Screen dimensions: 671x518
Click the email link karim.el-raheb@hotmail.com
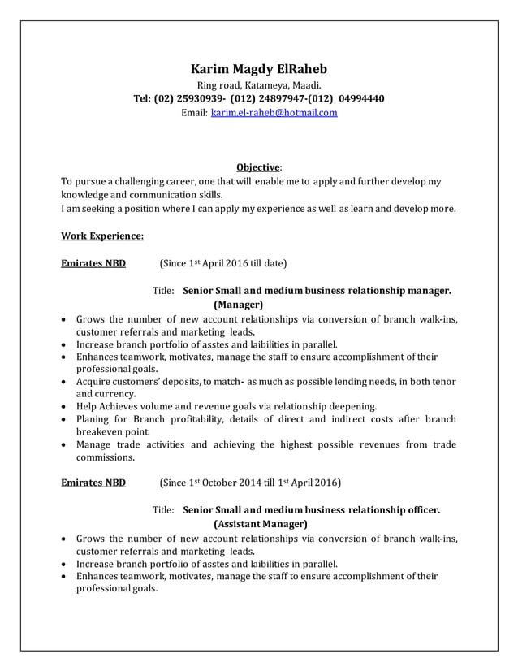(274, 113)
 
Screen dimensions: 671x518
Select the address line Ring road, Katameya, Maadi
(259, 84)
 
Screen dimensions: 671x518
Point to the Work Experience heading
(102, 236)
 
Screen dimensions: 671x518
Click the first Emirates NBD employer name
(93, 263)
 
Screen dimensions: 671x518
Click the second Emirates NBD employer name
(93, 483)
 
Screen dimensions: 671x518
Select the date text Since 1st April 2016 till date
(224, 263)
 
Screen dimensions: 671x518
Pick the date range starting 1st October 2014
(250, 483)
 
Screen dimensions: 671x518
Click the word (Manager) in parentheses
(238, 305)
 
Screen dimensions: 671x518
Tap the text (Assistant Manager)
(260, 524)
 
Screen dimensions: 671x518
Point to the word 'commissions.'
(106, 457)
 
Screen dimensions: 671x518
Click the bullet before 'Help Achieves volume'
(64, 406)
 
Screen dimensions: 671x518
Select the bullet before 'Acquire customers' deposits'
(64, 382)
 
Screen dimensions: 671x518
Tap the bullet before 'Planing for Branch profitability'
(64, 419)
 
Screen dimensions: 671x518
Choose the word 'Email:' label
(194, 113)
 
